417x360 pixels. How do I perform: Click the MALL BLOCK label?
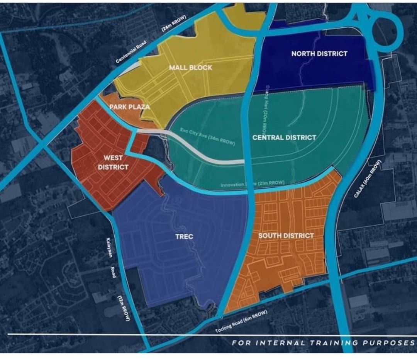pos(190,68)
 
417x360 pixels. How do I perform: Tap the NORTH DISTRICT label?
pos(319,54)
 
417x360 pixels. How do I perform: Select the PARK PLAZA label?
pos(129,107)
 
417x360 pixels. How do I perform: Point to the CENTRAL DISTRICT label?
pos(284,137)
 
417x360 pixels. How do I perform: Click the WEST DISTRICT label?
pos(113,162)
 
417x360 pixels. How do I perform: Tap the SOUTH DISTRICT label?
pos(286,236)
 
